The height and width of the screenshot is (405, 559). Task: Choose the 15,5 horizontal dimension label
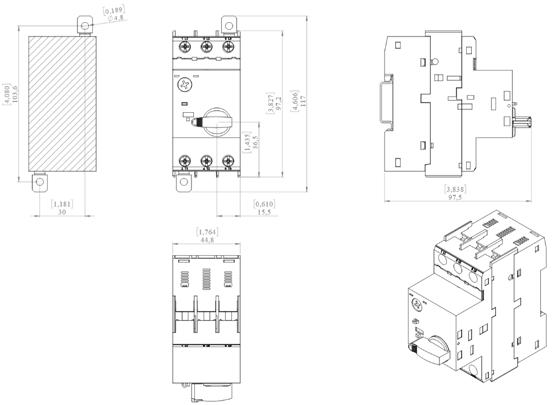pos(264,211)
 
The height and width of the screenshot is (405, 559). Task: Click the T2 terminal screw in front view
pos(206,161)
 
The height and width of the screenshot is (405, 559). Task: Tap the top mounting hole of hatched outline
pos(85,26)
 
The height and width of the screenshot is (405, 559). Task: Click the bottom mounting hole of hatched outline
pos(39,182)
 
